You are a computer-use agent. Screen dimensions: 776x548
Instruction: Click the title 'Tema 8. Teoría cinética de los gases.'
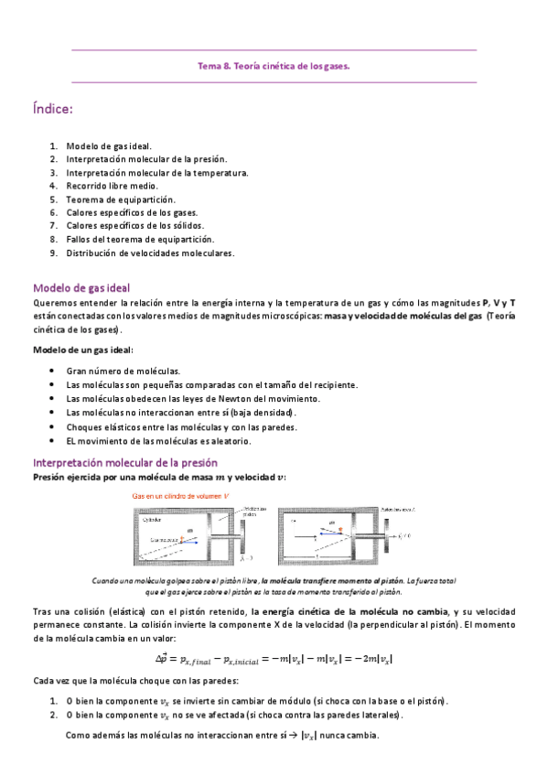pos(274,66)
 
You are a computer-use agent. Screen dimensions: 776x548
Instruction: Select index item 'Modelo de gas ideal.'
pos(109,145)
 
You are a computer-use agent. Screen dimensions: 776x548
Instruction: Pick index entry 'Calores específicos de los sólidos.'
pos(134,225)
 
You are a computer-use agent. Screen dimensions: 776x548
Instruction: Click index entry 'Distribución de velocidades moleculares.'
pos(150,253)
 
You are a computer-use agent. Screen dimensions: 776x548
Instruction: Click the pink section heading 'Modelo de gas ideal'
pos(81,287)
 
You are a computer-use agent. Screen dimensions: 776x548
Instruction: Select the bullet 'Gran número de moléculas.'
pos(123,371)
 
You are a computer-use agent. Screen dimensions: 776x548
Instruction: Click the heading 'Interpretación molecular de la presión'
pos(124,462)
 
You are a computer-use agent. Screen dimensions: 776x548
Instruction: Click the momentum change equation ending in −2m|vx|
pos(274,658)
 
